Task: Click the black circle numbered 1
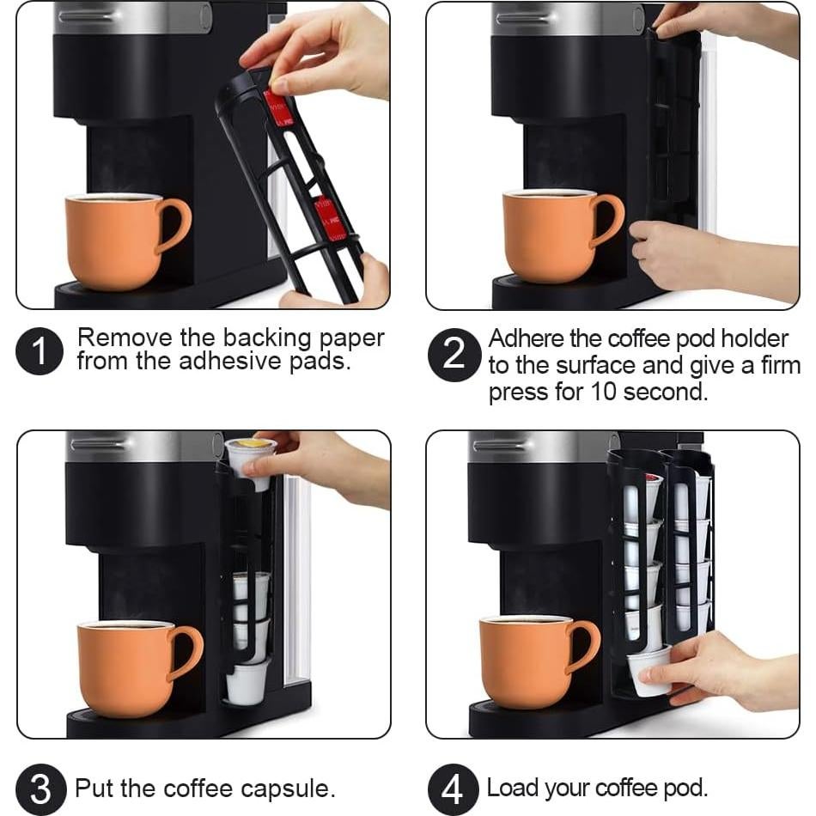coord(40,350)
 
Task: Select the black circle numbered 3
coord(40,788)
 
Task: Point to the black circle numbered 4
coord(453,788)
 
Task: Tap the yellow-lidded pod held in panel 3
coord(250,454)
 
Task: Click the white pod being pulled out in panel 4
coord(648,669)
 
